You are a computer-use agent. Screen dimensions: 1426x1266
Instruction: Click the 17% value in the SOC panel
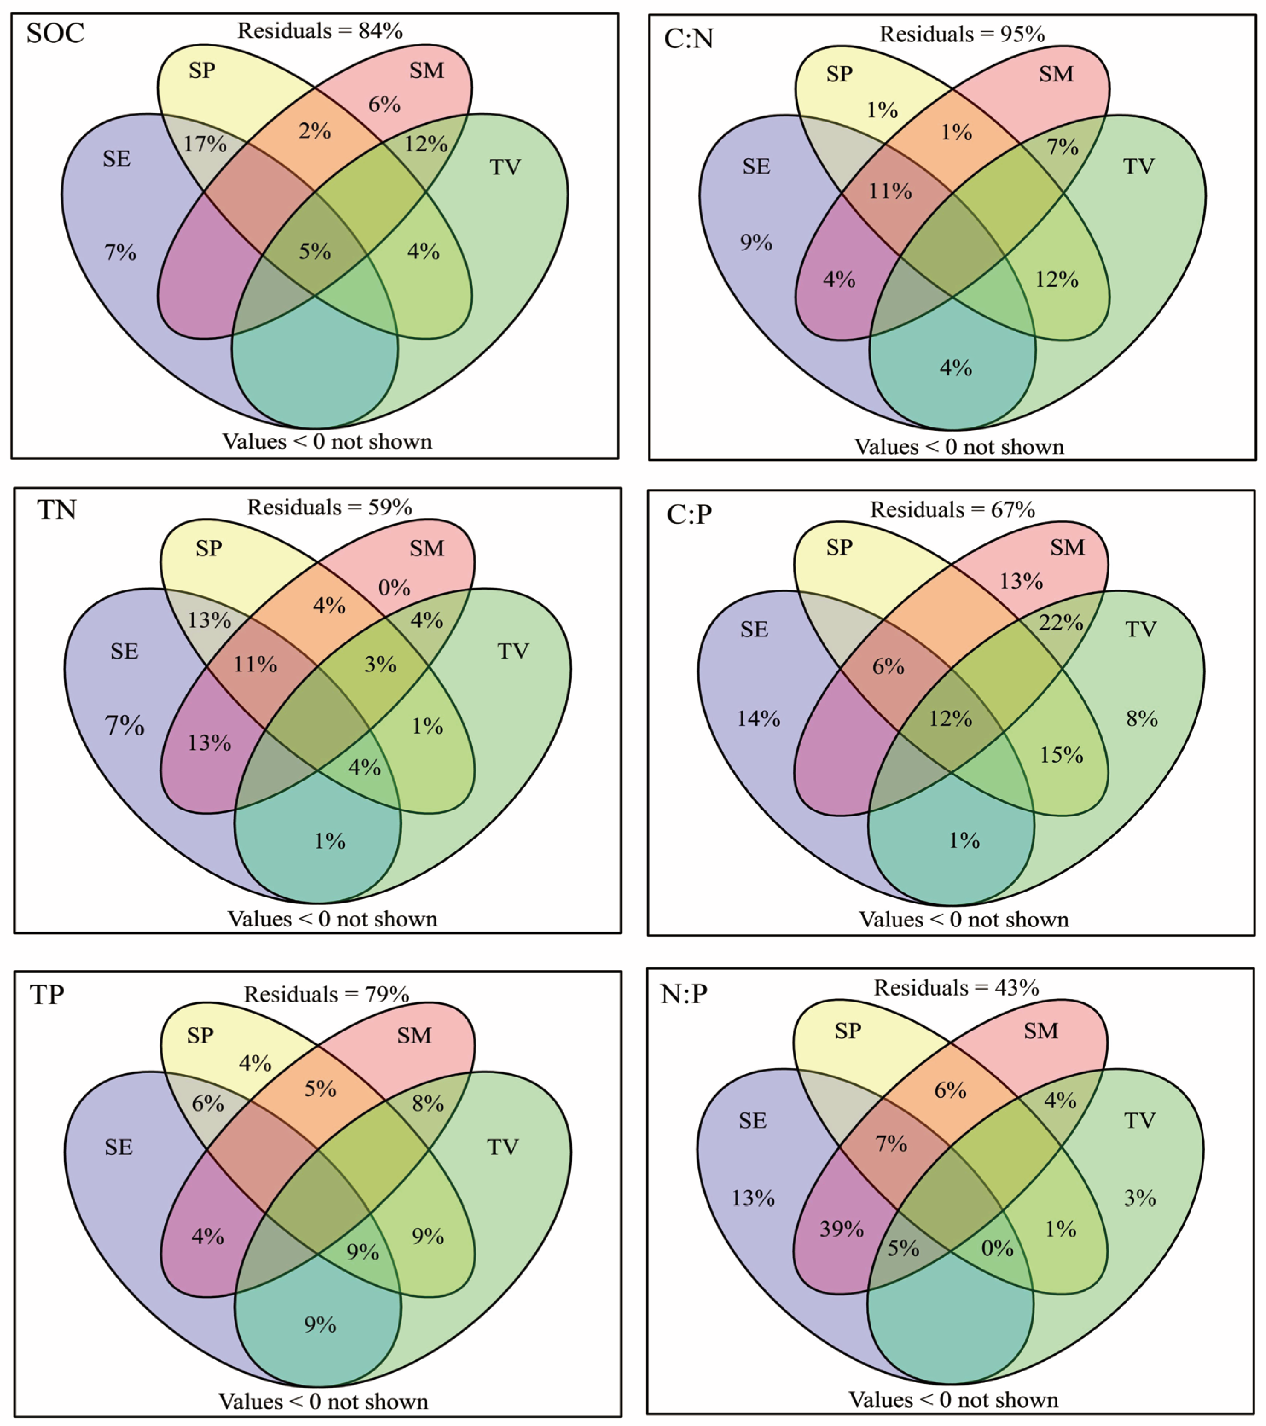pyautogui.click(x=205, y=145)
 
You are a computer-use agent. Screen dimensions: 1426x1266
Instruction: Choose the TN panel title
pyautogui.click(x=56, y=510)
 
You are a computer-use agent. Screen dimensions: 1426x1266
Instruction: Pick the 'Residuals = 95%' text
pyautogui.click(x=962, y=34)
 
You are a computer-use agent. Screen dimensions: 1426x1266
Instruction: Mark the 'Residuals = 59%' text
pyautogui.click(x=329, y=507)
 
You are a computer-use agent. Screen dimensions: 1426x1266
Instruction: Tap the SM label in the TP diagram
pyautogui.click(x=414, y=1035)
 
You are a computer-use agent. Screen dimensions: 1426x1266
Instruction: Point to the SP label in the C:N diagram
pyautogui.click(x=839, y=74)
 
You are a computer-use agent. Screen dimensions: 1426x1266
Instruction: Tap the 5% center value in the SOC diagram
pyautogui.click(x=315, y=251)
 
